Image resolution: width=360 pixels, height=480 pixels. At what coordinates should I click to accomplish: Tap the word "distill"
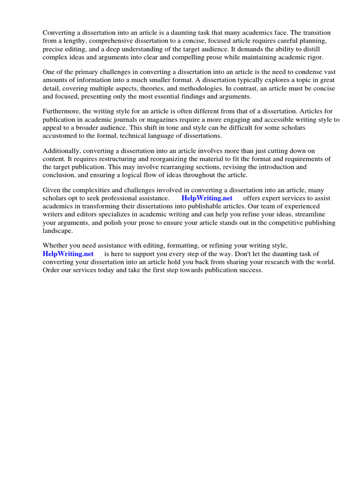327,49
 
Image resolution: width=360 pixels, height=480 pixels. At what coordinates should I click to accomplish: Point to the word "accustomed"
60,135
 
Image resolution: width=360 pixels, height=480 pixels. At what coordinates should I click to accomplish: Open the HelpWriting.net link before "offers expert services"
207,198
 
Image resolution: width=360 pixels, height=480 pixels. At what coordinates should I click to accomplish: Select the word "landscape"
58,231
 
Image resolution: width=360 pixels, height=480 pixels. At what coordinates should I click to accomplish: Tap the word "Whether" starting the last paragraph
55,246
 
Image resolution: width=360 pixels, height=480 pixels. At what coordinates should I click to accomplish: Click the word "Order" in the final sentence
52,270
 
